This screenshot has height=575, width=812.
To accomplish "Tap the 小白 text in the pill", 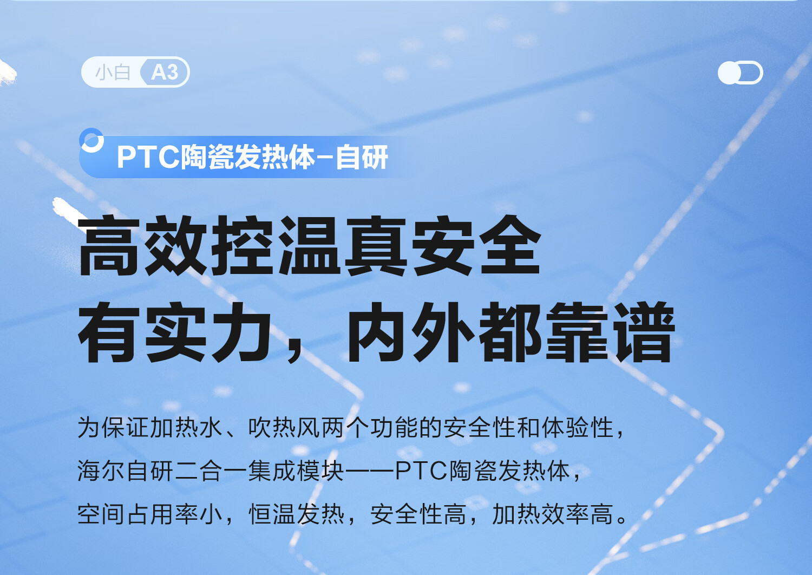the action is [113, 73].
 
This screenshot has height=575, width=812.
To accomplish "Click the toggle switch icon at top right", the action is [740, 73].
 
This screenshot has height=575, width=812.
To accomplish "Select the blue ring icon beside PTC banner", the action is [91, 140].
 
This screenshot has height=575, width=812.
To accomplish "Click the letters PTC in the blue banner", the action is [148, 157].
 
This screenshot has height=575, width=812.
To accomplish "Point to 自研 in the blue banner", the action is [362, 157].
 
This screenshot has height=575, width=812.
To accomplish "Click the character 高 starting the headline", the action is [108, 245].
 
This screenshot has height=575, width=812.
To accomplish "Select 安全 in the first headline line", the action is [477, 245].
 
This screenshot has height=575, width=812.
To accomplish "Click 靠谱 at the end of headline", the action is [610, 332].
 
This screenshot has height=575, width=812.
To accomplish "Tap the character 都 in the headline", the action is [510, 332].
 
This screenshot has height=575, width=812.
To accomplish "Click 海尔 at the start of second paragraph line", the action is [101, 471].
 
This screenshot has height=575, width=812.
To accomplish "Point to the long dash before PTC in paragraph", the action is [369, 471].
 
